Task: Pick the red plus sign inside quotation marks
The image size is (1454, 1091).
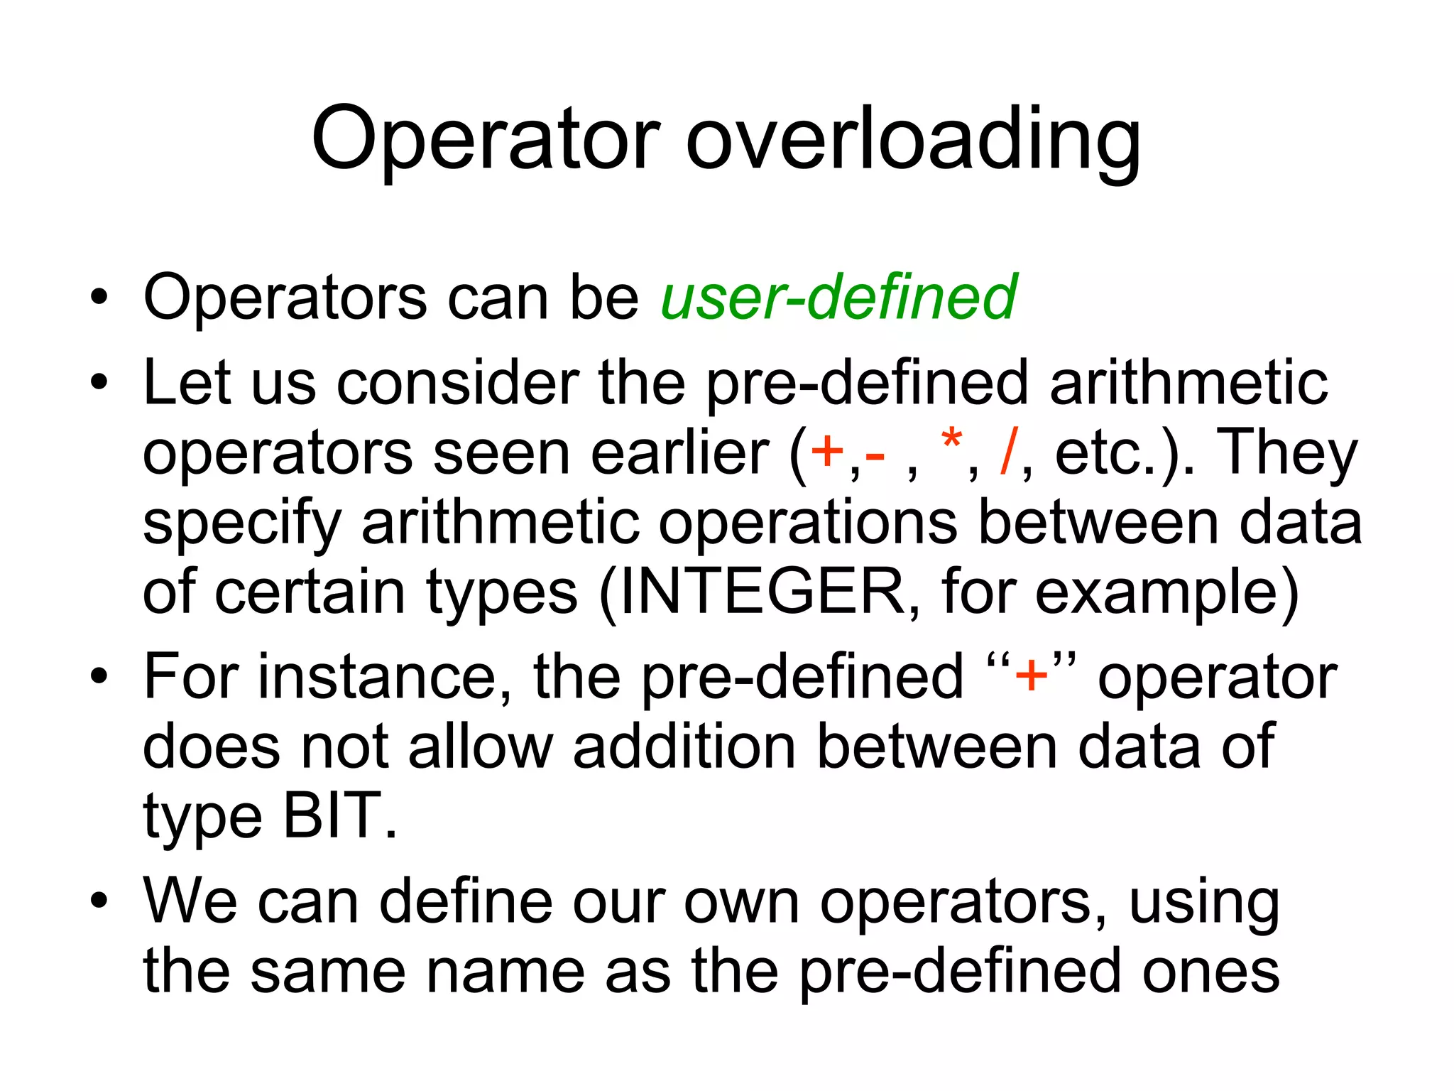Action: pos(1031,675)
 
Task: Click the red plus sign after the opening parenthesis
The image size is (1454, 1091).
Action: pos(827,452)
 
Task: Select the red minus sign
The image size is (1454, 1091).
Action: pos(875,455)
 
